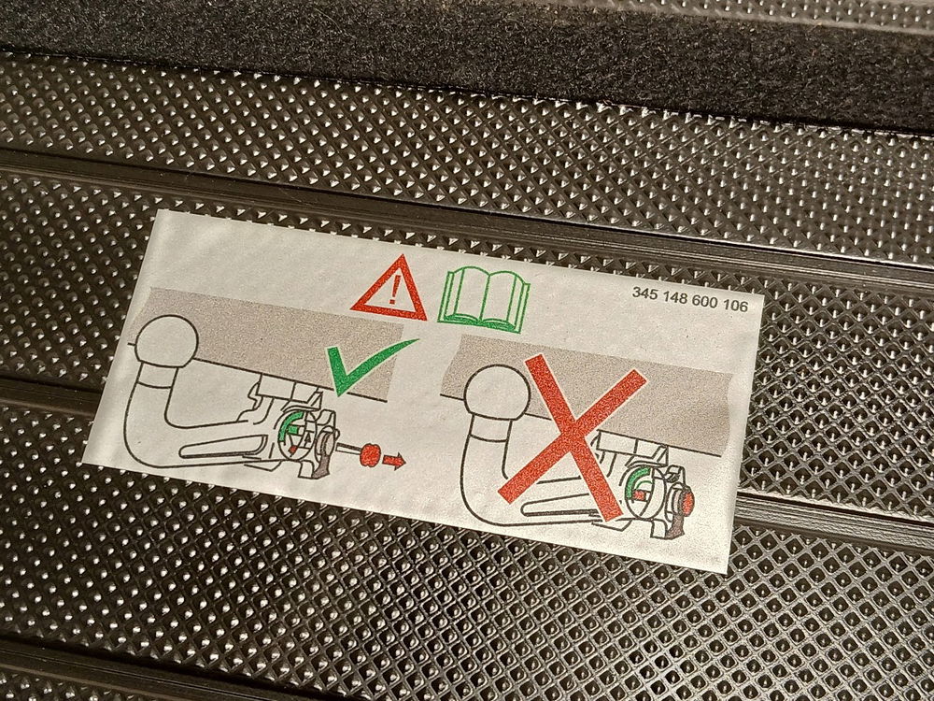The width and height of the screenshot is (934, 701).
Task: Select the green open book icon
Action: (484, 300)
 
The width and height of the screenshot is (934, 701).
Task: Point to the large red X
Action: (572, 436)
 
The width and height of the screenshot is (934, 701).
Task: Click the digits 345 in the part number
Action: (644, 293)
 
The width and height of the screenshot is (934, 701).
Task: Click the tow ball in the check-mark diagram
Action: (166, 341)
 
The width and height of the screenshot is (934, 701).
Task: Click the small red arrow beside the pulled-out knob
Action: (394, 460)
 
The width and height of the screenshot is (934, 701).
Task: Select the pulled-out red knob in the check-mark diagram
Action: (370, 455)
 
